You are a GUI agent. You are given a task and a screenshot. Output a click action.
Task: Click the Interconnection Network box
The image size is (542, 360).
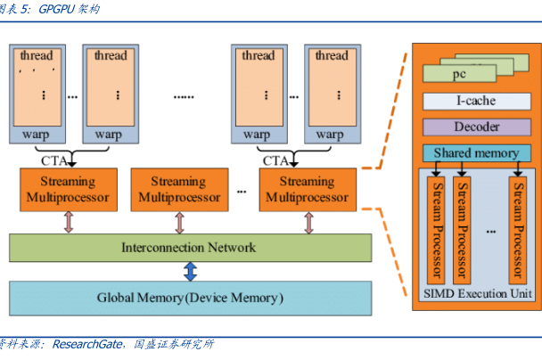(188, 247)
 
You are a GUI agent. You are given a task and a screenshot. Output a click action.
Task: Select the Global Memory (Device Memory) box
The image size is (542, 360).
(188, 297)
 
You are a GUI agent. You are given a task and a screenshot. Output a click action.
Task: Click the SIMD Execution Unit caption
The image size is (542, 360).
(476, 293)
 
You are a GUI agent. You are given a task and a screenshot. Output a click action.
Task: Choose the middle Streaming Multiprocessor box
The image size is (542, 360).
(179, 188)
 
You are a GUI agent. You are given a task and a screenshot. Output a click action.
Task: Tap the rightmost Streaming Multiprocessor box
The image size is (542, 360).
(306, 188)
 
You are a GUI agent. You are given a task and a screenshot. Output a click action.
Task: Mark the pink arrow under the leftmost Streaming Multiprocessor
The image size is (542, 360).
(68, 222)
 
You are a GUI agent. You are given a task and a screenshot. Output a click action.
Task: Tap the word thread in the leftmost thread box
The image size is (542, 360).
(36, 55)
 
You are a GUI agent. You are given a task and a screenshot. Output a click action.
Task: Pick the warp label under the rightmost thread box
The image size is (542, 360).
(331, 135)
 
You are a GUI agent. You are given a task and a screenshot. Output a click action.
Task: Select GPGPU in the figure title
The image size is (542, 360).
(57, 10)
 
